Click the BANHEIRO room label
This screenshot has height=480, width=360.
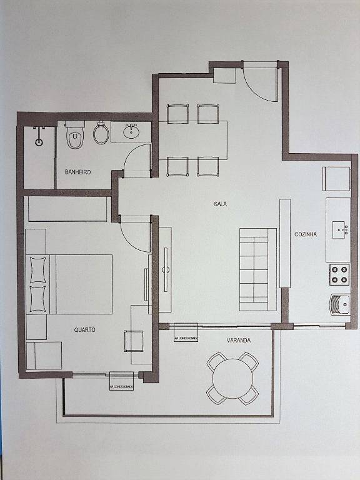click(78, 171)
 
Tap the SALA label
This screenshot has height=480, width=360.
click(220, 204)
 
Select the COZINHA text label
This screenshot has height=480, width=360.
click(306, 234)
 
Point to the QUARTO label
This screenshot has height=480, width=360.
click(84, 329)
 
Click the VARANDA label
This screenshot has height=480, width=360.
click(238, 340)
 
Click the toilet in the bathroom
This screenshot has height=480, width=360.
click(75, 136)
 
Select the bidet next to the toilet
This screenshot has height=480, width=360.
click(101, 132)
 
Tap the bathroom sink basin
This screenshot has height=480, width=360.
click(131, 131)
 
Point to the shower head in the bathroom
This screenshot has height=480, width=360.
click(39, 141)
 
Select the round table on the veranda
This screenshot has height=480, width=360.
click(232, 378)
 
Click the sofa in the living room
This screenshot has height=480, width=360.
click(257, 269)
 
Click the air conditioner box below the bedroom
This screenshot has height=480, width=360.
click(121, 381)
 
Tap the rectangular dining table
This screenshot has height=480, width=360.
click(193, 140)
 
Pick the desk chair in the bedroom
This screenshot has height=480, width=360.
click(134, 341)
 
